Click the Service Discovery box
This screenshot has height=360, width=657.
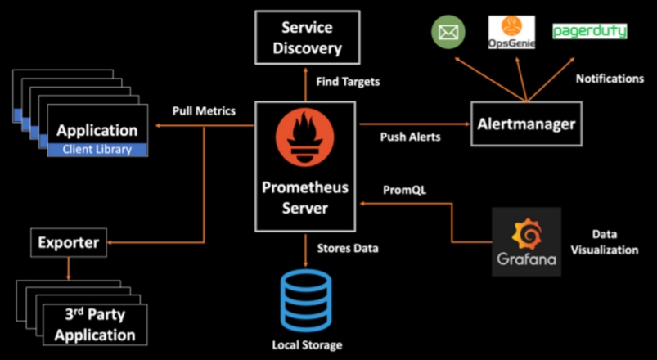click(x=307, y=38)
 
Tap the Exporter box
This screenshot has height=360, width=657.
click(x=70, y=242)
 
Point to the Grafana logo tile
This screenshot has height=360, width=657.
click(x=527, y=241)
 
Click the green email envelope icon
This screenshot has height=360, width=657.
click(x=448, y=32)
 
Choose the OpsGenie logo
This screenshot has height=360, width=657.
click(x=511, y=32)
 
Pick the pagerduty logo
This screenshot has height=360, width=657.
click(x=589, y=31)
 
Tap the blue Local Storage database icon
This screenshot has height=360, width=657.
click(x=305, y=299)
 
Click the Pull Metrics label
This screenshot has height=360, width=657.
click(x=204, y=110)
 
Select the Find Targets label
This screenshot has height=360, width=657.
click(x=348, y=82)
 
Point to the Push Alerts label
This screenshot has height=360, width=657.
click(x=410, y=137)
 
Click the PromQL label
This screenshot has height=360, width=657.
click(x=404, y=190)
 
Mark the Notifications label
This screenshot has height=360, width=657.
click(x=610, y=79)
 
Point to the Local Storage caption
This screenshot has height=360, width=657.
click(x=306, y=345)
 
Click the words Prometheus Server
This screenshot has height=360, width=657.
click(x=305, y=198)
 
